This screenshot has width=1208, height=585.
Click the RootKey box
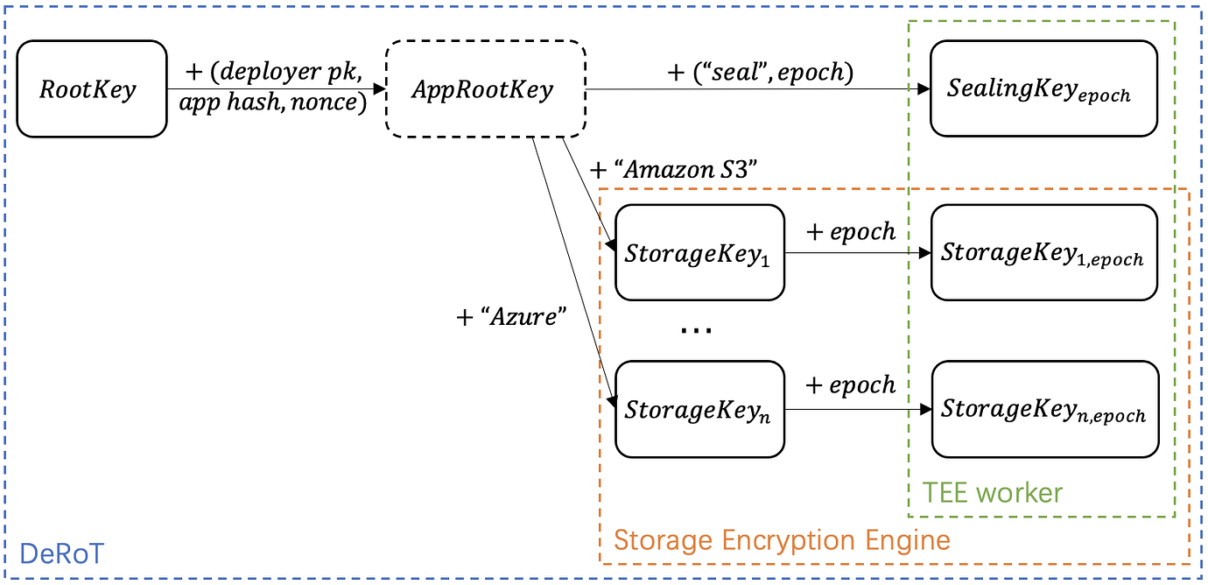click(91, 88)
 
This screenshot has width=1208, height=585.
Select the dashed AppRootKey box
click(486, 88)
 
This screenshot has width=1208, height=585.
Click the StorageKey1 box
click(700, 253)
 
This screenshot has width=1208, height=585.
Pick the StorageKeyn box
click(700, 409)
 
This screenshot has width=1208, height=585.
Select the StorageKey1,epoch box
click(1043, 253)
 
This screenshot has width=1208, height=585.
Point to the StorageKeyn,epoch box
click(1043, 409)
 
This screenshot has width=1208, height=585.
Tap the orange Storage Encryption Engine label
click(782, 539)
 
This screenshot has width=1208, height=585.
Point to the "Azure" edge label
click(507, 316)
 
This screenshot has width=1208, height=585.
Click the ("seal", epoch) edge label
click(760, 72)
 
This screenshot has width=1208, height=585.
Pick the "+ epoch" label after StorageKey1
click(851, 231)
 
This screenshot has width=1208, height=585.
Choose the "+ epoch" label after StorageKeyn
click(851, 385)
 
